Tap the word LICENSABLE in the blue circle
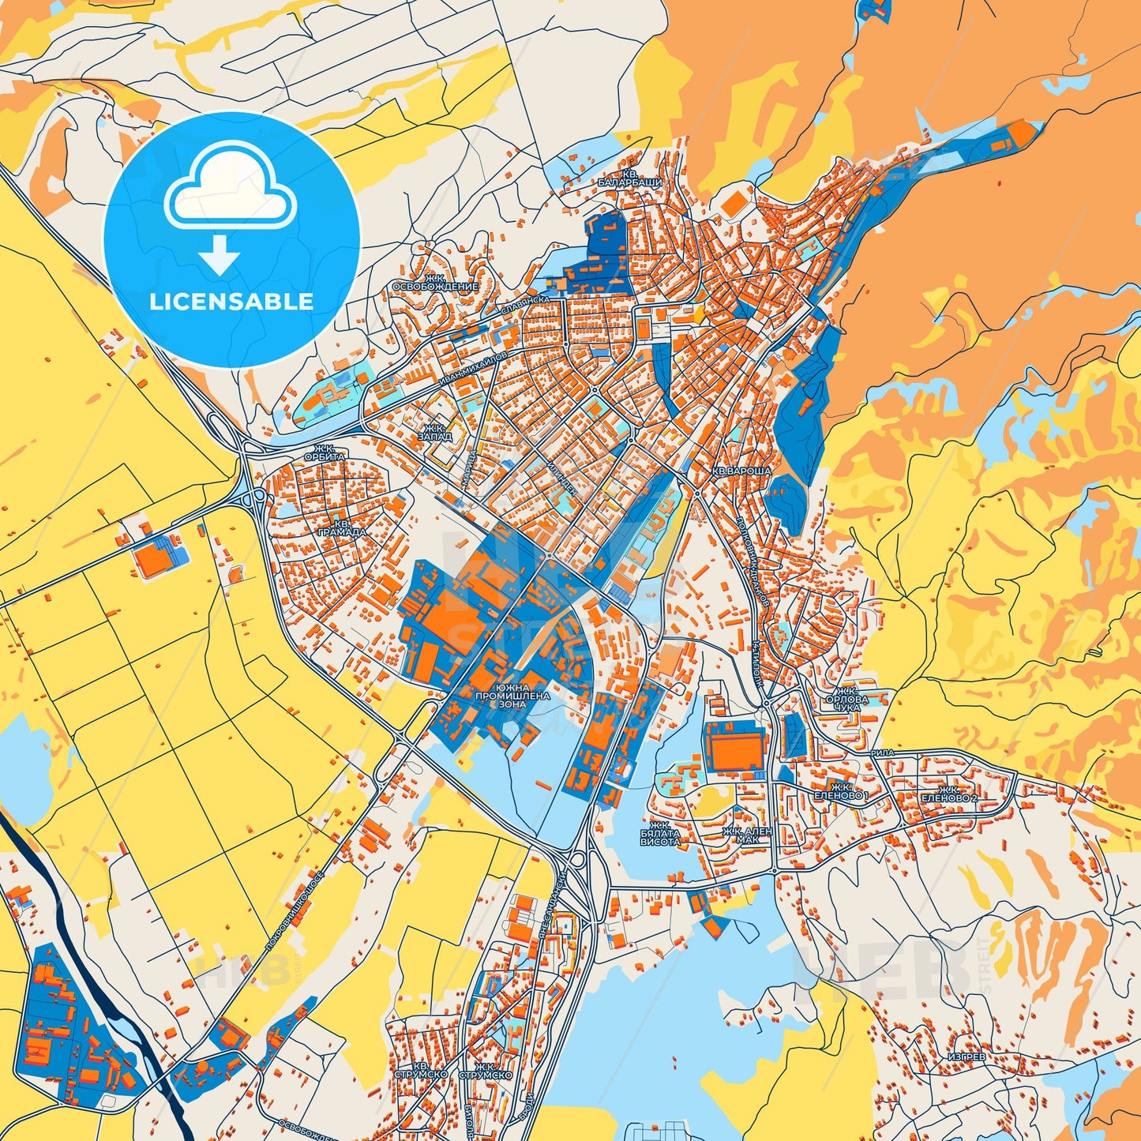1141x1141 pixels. click(231, 302)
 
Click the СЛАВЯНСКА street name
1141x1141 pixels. click(525, 306)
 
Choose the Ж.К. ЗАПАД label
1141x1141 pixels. click(435, 431)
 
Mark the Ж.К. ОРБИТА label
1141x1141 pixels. click(325, 452)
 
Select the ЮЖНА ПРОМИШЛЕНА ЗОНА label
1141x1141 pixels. click(512, 696)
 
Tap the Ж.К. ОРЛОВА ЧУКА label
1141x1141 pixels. click(846, 699)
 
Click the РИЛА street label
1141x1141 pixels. click(883, 753)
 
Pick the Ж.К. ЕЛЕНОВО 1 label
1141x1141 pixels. click(840, 792)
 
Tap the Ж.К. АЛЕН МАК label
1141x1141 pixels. click(747, 835)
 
